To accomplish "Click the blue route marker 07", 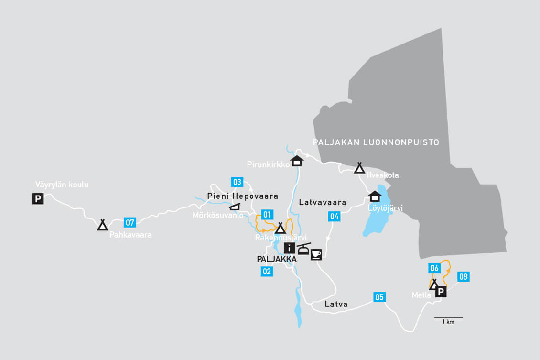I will click(130, 222).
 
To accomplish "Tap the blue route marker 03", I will click(237, 182).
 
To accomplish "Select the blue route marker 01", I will click(267, 215).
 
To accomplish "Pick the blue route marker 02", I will click(267, 272).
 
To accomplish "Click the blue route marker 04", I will click(335, 217).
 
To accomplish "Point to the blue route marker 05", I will click(379, 297).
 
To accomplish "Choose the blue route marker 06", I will click(434, 268).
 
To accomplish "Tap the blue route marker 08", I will click(463, 276).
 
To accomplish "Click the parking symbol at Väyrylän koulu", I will click(38, 198).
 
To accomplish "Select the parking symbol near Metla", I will click(441, 292).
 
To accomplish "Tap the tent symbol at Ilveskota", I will click(359, 167).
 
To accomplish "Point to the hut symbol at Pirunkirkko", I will click(297, 161).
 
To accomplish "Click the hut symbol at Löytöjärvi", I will click(375, 196).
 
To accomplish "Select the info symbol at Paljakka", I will click(289, 248).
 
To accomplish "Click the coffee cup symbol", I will click(316, 254).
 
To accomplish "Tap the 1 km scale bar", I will click(448, 318).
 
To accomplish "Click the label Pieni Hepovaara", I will click(243, 196).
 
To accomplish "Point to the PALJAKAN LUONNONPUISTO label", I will click(376, 142).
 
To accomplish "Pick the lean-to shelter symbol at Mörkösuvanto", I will click(235, 207).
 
